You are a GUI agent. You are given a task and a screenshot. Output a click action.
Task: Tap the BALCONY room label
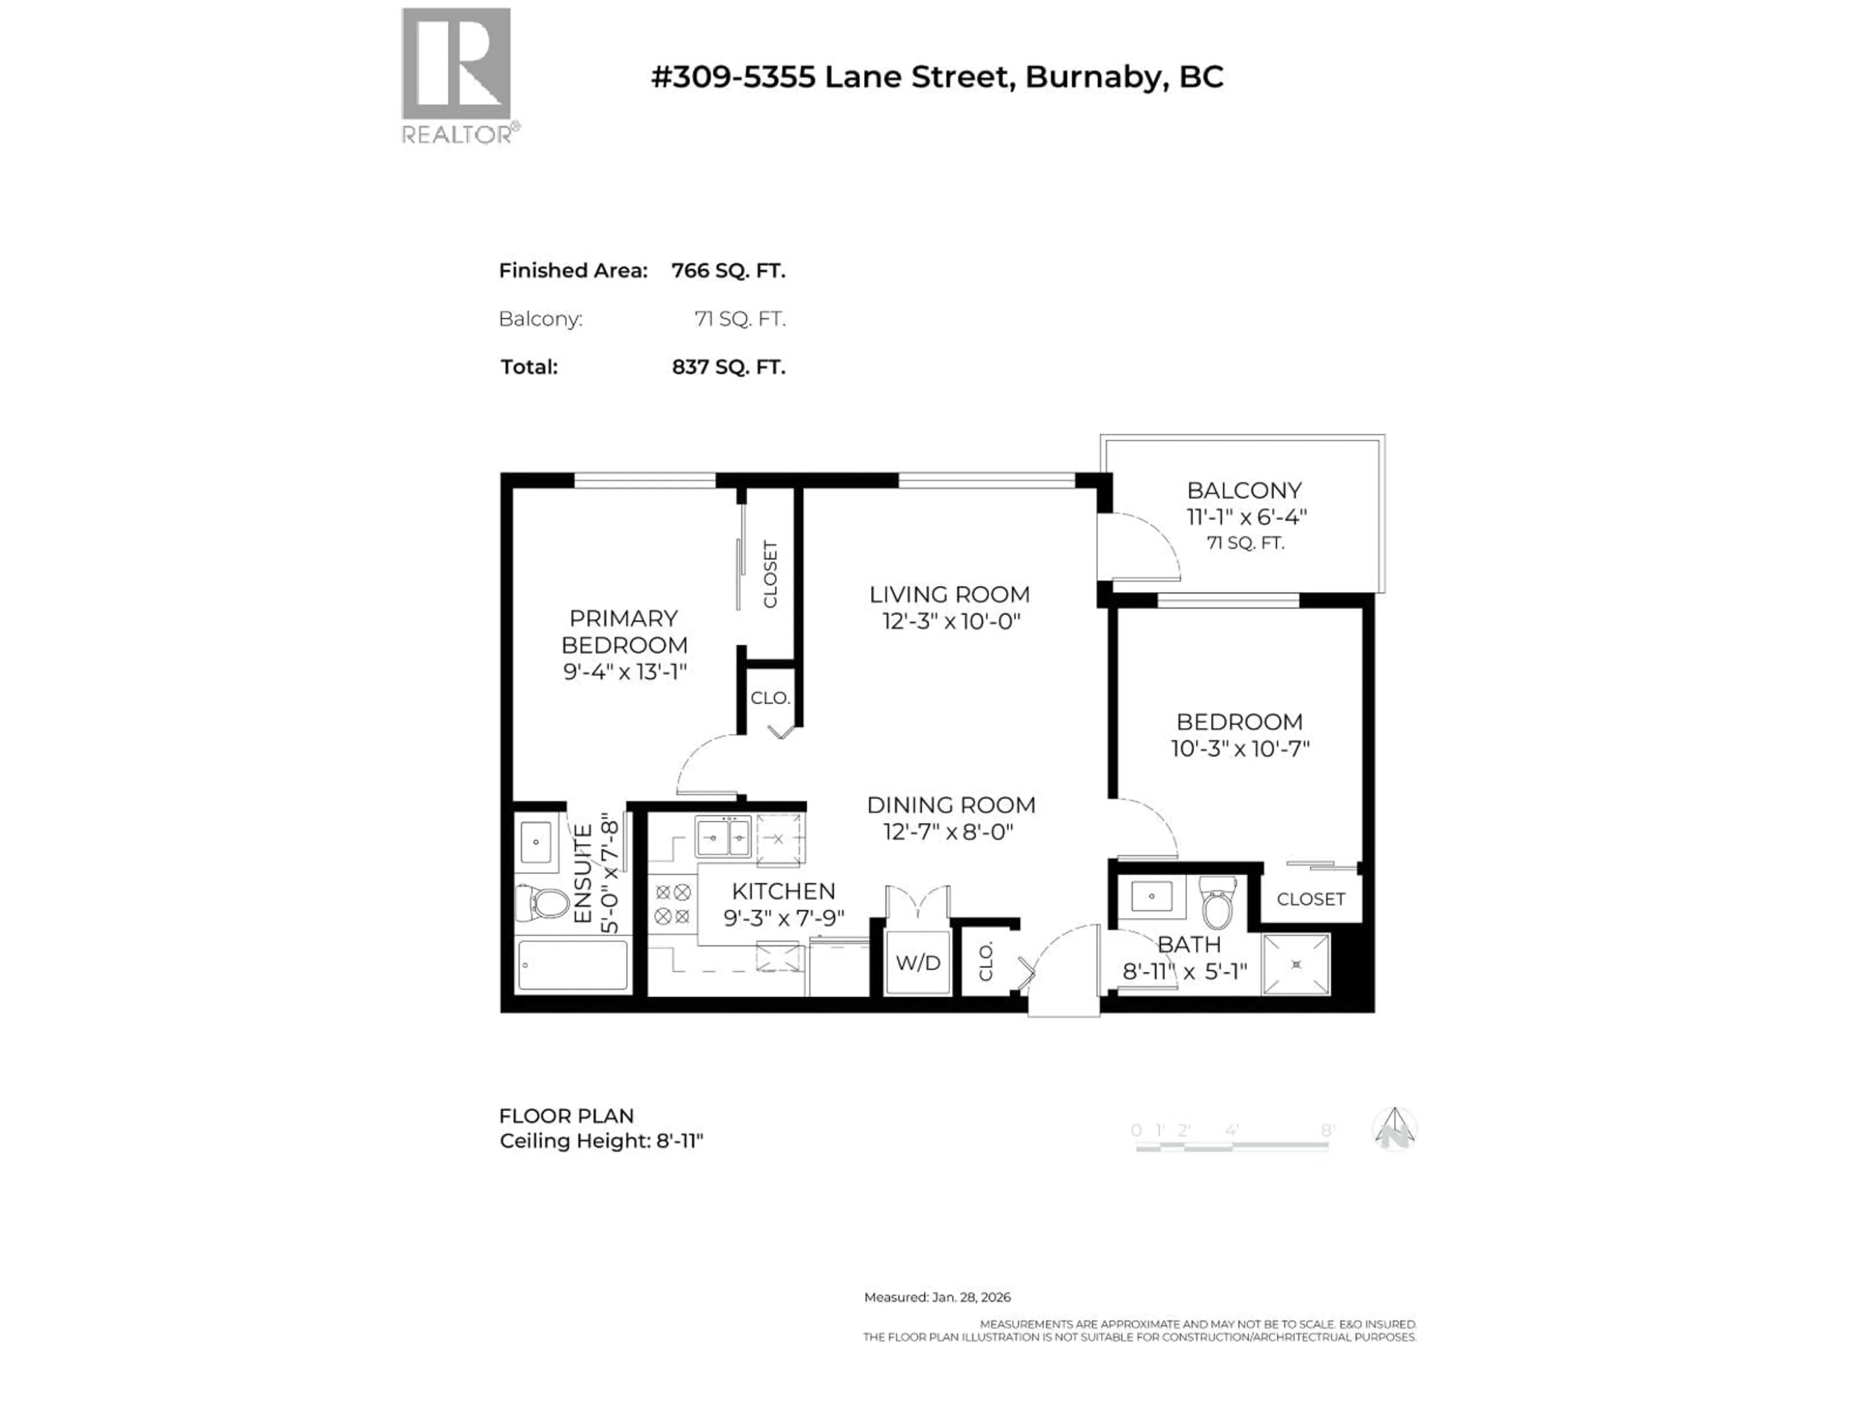tap(1244, 490)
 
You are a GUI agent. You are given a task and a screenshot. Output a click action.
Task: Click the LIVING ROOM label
tap(949, 595)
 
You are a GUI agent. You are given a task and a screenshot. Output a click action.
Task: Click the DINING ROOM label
tap(951, 805)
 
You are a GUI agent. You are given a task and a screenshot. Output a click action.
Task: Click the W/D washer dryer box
tap(917, 962)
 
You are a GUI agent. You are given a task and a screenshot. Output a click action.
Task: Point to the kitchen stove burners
tap(673, 904)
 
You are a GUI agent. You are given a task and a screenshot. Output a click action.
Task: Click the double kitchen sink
tap(724, 838)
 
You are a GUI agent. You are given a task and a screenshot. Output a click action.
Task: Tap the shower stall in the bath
tap(1296, 964)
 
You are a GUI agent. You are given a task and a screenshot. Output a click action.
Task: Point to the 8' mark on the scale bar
tap(1327, 1130)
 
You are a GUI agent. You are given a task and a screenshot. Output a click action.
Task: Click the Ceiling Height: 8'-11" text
tap(601, 1141)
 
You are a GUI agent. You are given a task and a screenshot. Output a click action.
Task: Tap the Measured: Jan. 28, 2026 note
tap(937, 1297)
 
